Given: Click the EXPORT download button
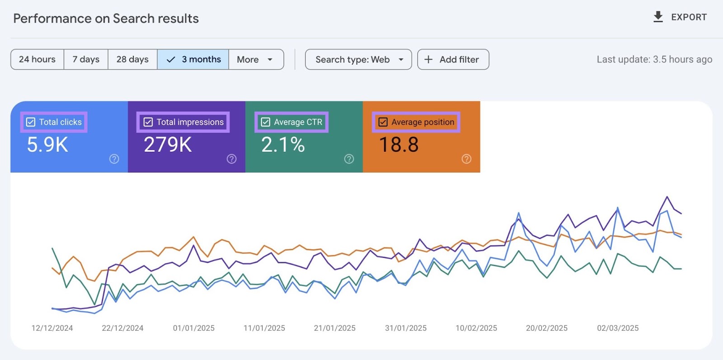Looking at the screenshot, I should click(x=680, y=17).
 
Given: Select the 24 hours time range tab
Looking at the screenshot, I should click(x=37, y=60).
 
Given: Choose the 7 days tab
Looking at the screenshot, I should click(x=86, y=60).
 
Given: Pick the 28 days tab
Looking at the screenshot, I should click(x=132, y=60).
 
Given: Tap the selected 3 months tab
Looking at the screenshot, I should click(x=193, y=60).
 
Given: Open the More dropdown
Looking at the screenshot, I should click(x=256, y=60).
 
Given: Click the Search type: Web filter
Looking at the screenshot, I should click(x=358, y=60).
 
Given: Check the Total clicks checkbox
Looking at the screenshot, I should click(x=31, y=122).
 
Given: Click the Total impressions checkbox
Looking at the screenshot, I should click(x=148, y=122).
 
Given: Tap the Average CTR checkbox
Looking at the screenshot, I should click(x=266, y=122).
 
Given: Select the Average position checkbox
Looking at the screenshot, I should click(x=383, y=122).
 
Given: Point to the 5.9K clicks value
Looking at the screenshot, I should click(x=47, y=145).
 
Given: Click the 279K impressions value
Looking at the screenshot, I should click(x=168, y=145).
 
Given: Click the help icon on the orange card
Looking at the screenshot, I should click(x=466, y=159).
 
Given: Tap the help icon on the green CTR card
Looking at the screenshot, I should click(x=349, y=159).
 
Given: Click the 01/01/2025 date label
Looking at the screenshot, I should click(x=193, y=328).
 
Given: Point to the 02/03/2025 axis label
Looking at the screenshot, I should click(x=618, y=328).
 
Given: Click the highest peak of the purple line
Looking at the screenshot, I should click(x=667, y=197).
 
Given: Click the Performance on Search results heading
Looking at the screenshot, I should click(x=106, y=19).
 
